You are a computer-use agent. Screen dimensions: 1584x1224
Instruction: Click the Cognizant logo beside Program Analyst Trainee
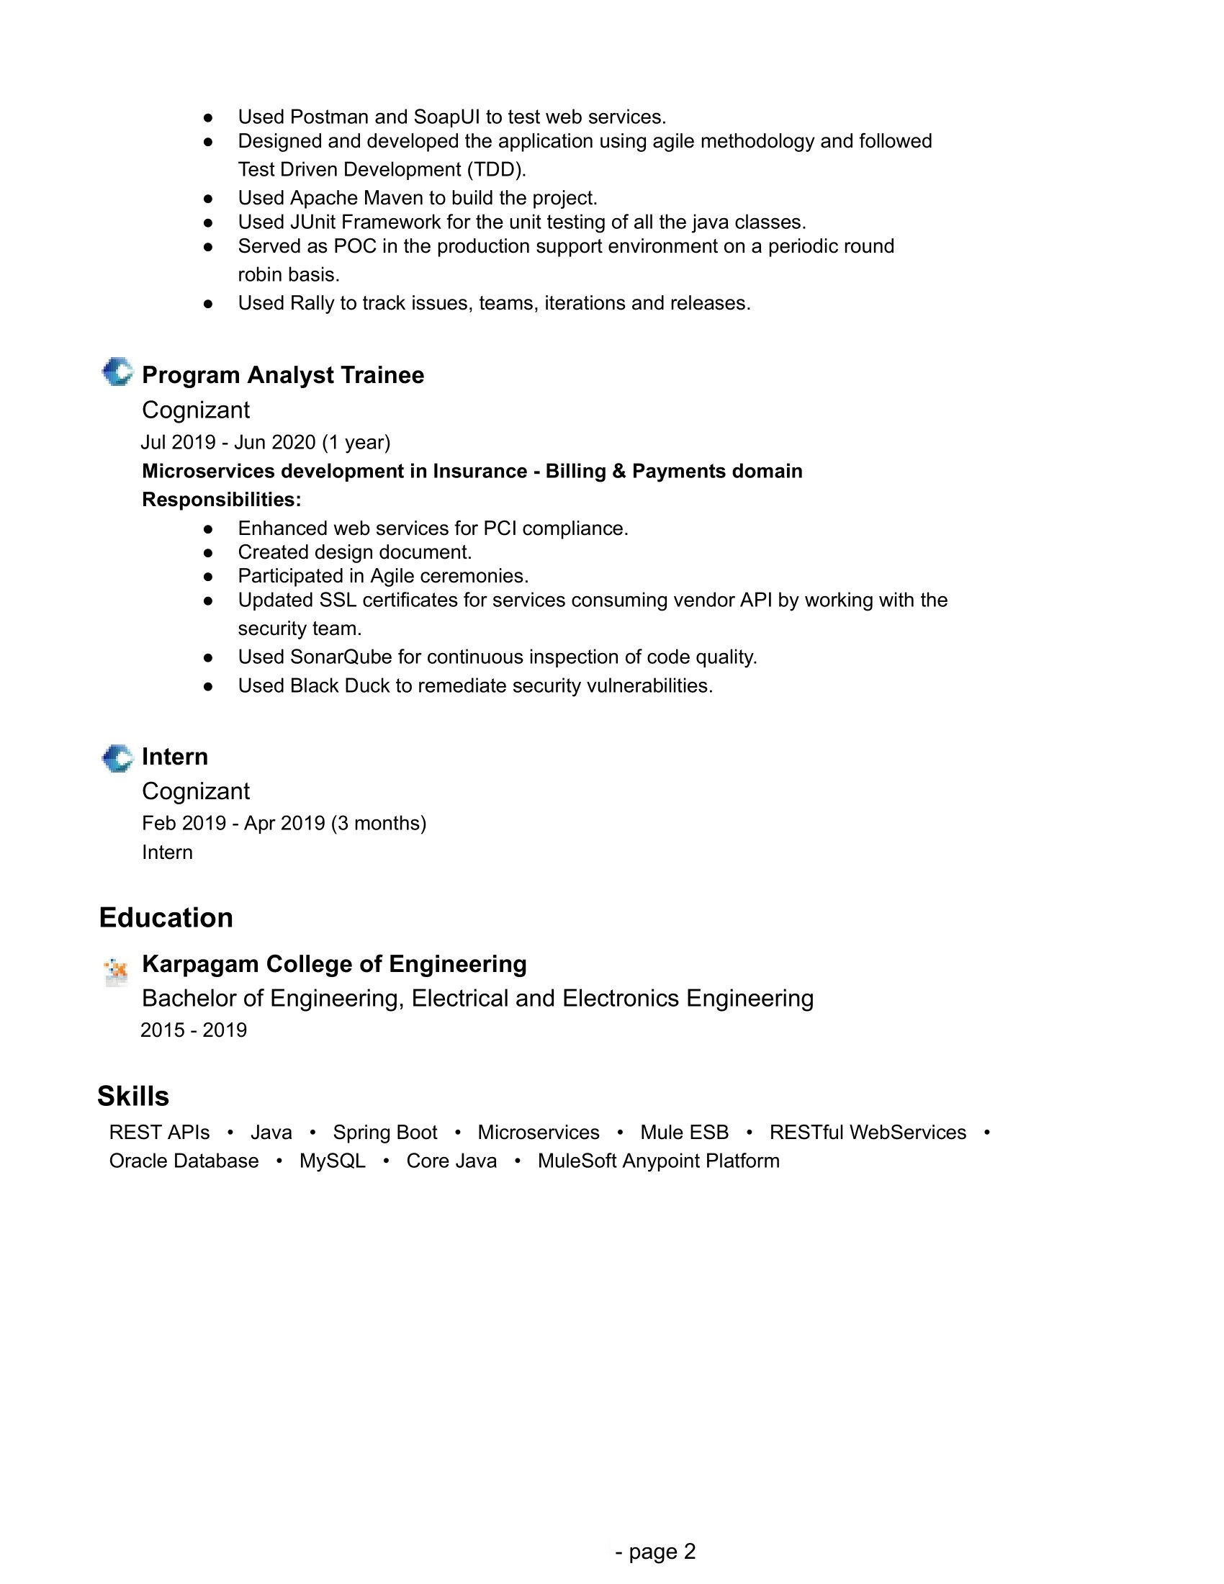[117, 372]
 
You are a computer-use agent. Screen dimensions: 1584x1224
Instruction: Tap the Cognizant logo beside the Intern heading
[117, 759]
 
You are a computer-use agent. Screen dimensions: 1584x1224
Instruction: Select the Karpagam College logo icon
[116, 970]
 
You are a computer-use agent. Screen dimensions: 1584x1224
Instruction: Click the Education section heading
[166, 917]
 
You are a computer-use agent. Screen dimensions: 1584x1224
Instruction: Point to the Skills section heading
[133, 1096]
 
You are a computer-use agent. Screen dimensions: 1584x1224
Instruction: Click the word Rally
[312, 303]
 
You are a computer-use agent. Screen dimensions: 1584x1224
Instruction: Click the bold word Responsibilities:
[221, 500]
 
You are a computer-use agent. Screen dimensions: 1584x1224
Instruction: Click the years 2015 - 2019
[194, 1030]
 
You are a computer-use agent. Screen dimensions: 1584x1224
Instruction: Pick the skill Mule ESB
[684, 1132]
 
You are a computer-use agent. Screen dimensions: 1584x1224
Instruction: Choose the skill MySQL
[332, 1161]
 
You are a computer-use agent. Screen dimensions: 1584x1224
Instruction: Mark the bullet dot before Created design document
[208, 553]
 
